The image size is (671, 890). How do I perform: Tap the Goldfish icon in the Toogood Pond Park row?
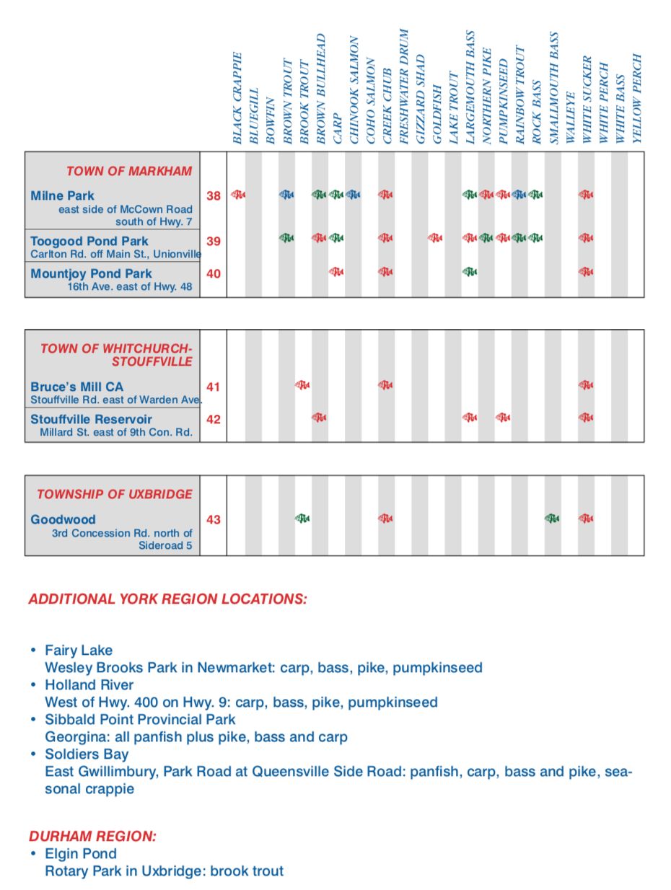pos(435,237)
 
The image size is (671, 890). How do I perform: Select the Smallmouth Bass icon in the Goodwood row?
pos(552,518)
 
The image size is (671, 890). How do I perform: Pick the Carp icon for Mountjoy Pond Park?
pos(336,271)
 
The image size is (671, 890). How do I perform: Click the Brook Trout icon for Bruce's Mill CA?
pos(303,385)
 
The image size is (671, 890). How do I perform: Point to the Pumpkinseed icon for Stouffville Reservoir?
pos(503,417)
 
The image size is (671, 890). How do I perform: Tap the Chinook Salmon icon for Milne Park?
pos(353,194)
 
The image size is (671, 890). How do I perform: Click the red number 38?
pos(214,195)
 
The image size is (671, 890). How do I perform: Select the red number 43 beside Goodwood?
pos(214,519)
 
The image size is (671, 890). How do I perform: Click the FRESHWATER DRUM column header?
pos(403,87)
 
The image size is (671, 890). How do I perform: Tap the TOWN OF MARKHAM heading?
pos(129,172)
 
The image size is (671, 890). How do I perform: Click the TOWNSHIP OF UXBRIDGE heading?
pos(115,494)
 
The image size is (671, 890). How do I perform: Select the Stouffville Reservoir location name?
pos(91,419)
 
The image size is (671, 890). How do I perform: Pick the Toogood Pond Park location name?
pos(89,241)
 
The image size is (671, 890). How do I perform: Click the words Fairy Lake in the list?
pos(79,650)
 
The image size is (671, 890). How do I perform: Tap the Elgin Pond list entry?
pos(80,853)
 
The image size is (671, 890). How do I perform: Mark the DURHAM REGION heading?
pos(92,836)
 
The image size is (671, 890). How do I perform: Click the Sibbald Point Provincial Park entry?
pos(140,719)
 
